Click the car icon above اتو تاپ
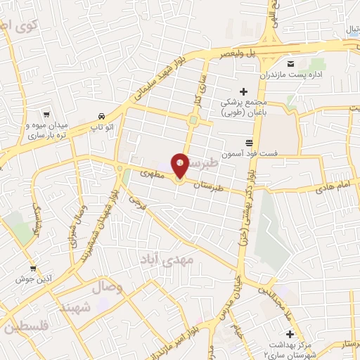coord(102,116)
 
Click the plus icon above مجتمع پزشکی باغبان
coord(244,91)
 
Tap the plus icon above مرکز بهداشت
coord(289,333)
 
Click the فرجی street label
coord(135,201)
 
